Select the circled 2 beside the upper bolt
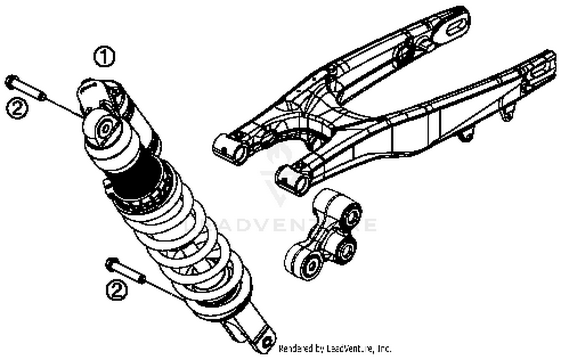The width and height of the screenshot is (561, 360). [x=17, y=108]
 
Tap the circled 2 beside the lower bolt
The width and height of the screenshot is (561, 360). [x=117, y=290]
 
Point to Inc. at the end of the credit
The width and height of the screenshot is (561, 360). [x=384, y=349]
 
